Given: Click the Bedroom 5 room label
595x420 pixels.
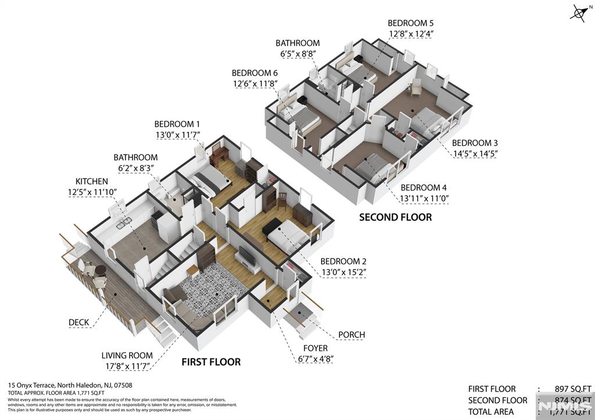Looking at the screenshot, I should click(x=411, y=23).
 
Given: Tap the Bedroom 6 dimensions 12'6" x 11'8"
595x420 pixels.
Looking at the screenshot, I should click(x=255, y=84).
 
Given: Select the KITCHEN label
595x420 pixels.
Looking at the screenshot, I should click(x=92, y=182).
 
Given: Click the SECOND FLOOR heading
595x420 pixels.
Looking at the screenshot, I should click(x=395, y=217).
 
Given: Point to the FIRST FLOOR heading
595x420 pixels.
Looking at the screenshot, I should click(x=210, y=362).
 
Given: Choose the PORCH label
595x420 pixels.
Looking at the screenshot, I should click(x=351, y=335).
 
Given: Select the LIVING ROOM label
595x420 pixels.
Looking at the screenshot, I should click(x=127, y=356).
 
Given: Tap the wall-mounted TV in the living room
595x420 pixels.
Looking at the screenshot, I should click(x=246, y=256).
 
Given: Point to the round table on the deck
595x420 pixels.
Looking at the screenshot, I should click(x=100, y=271).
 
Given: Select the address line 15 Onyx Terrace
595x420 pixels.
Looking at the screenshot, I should click(x=70, y=385).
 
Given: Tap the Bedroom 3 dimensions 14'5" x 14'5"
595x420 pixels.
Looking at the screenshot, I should click(x=475, y=153).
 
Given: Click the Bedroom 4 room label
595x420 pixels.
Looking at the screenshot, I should click(x=424, y=188).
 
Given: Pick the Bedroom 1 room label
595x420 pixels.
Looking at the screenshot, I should click(x=177, y=124).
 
